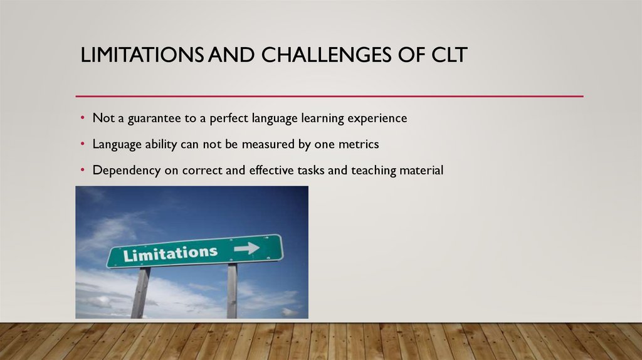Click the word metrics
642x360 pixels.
click(357, 144)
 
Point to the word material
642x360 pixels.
click(421, 169)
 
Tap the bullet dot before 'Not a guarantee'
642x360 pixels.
click(82, 119)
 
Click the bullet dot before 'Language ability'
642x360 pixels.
click(82, 144)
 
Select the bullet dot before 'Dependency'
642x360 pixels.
click(82, 170)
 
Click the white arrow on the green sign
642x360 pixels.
click(247, 248)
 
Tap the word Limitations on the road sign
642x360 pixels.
click(171, 253)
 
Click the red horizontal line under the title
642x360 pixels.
click(329, 97)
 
